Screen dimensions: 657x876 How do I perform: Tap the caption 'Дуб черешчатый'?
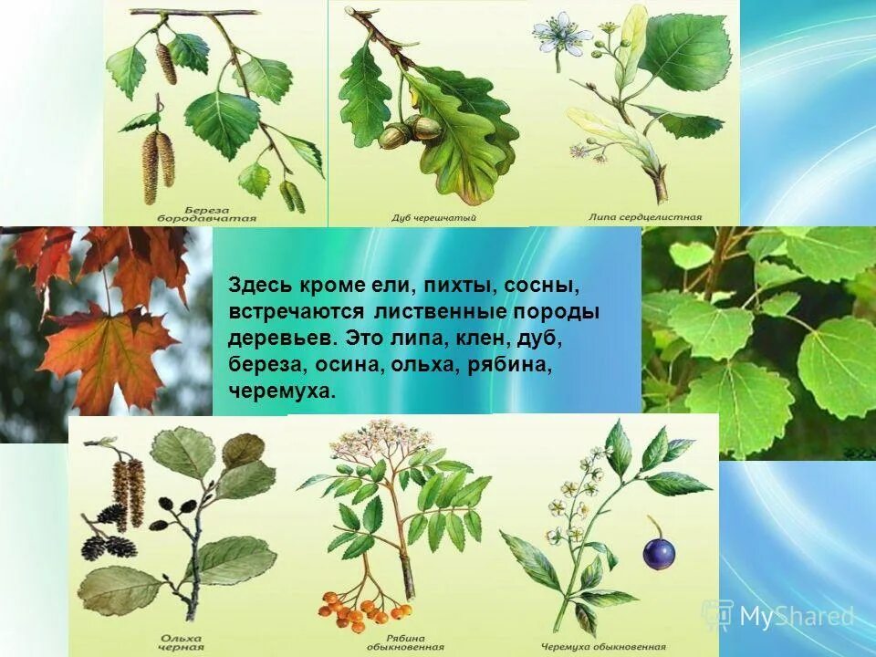[433, 218]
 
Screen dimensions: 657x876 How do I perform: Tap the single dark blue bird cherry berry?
[659, 552]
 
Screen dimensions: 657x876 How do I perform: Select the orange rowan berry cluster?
[352, 608]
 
